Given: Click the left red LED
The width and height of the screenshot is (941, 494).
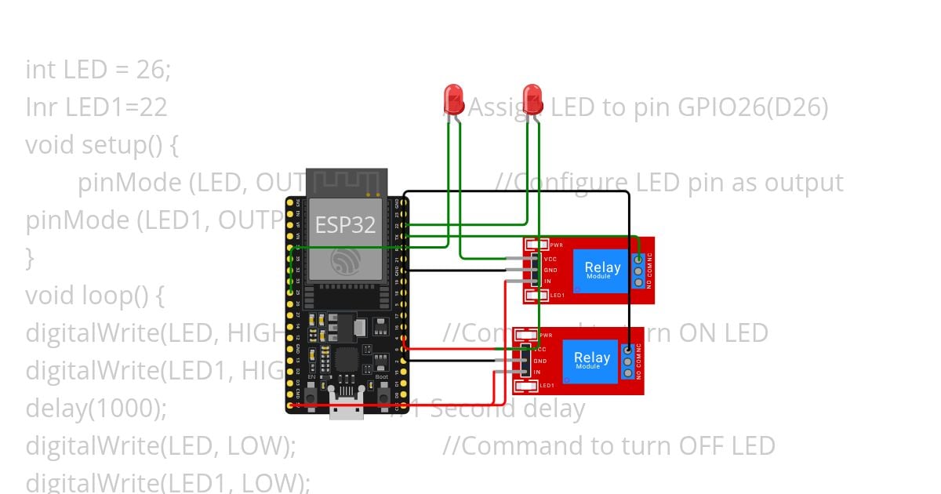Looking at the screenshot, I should point(453,100).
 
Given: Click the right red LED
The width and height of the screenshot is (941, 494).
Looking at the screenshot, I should point(532,100).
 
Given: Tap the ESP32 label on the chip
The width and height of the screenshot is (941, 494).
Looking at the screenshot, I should point(345,225).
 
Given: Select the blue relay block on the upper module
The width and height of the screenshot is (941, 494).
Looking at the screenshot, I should point(602,271).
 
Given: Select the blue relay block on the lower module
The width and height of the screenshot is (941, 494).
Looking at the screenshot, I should point(591,361).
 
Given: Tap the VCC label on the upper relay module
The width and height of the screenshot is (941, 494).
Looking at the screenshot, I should point(550,259).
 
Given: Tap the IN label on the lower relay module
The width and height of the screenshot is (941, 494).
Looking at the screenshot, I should point(537,372).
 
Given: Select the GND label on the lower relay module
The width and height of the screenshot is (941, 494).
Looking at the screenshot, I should point(540,361).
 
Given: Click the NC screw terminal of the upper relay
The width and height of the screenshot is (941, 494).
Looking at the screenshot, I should point(638,260).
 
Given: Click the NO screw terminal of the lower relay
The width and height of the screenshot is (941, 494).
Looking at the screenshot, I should point(627,373).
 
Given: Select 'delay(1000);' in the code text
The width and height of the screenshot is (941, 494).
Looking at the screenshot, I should point(96,409).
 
